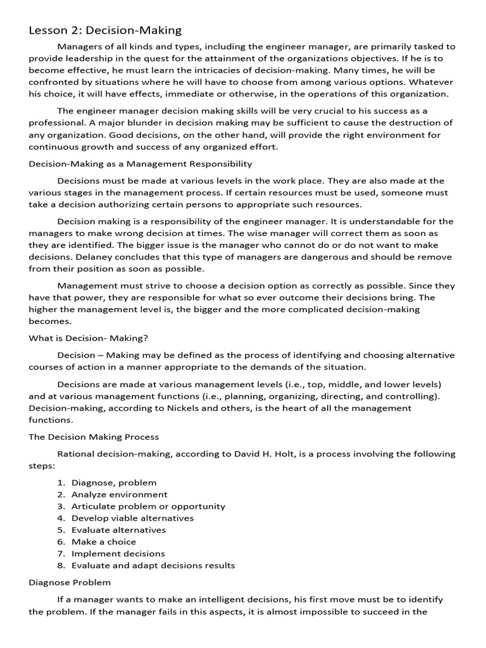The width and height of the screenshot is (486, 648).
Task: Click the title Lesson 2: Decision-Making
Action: click(105, 30)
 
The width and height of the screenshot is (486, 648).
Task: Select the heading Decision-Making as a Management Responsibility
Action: click(140, 164)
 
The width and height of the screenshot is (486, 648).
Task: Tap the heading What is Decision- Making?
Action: click(89, 338)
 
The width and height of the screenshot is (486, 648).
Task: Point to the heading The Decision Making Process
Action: click(94, 437)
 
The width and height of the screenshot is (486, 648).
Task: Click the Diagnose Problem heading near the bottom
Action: click(70, 582)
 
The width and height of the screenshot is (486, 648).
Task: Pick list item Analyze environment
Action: click(120, 495)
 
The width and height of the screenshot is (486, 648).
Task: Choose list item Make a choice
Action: click(104, 542)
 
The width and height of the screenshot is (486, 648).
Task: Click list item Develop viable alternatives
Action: click(132, 518)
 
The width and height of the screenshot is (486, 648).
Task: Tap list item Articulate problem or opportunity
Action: click(148, 506)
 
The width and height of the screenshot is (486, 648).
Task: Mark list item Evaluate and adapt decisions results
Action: click(153, 566)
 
